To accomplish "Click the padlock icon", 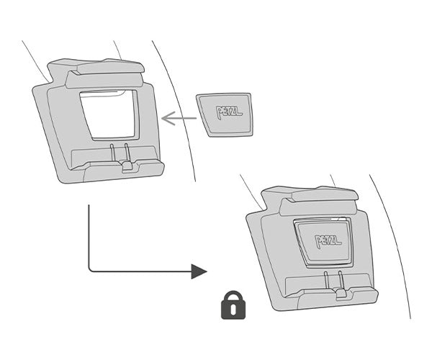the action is [233, 305].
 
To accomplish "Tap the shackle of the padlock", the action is [233, 295].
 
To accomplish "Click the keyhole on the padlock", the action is [233, 310].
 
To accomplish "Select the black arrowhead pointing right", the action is [199, 271].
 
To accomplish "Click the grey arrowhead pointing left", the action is [168, 118].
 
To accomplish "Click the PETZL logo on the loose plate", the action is [229, 112].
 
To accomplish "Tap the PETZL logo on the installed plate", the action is [328, 242].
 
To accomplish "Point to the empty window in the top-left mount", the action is [109, 114].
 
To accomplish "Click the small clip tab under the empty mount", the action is [127, 166].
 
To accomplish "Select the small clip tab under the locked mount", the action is [341, 294].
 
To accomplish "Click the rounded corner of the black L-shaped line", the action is [90, 270].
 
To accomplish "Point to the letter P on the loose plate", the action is [220, 112].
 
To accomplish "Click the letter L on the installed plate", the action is [338, 242].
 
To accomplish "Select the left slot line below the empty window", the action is [112, 152].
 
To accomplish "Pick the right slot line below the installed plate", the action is [341, 280].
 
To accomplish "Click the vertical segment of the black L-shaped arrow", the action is [89, 236].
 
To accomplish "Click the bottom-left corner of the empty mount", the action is [62, 181].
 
